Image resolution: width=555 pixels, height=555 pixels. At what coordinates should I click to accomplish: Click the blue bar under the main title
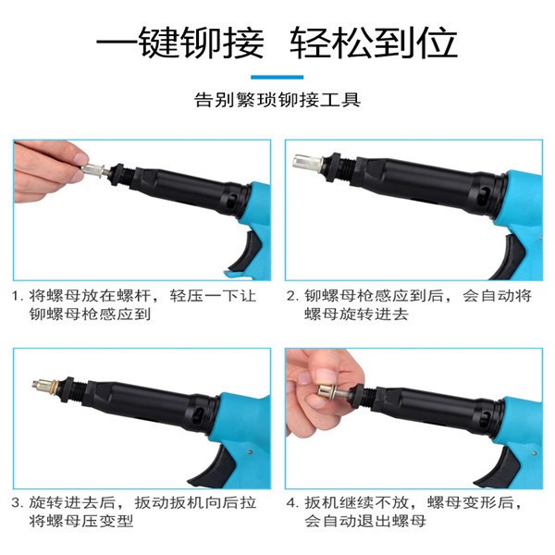pos(277,77)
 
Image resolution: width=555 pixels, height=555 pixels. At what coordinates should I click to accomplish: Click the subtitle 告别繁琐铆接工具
pos(277,99)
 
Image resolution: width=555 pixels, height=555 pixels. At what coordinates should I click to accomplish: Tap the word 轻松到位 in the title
pos(374,42)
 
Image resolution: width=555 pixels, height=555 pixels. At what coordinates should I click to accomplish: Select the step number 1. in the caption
pos(18,296)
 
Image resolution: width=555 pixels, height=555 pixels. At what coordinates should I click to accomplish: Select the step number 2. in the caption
pos(291,296)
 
